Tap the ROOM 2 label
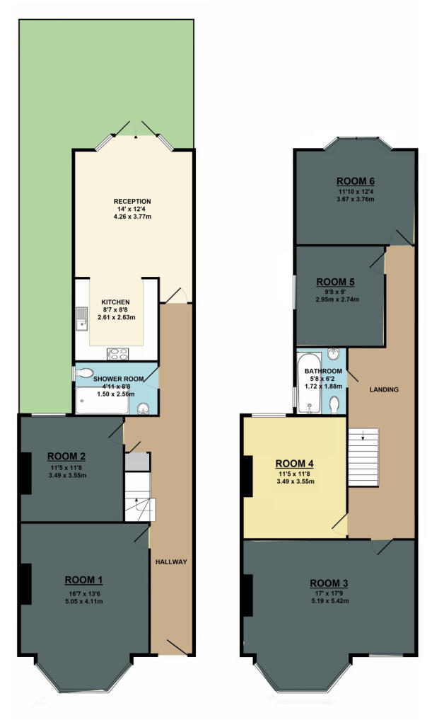[66, 455]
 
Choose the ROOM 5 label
[336, 282]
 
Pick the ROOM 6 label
[355, 179]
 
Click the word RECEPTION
[132, 202]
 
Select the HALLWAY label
[170, 561]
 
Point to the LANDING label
[384, 389]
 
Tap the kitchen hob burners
[117, 353]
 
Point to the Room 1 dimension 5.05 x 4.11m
[84, 602]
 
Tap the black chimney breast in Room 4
[247, 476]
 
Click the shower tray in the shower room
[103, 401]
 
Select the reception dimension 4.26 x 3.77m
[132, 217]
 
